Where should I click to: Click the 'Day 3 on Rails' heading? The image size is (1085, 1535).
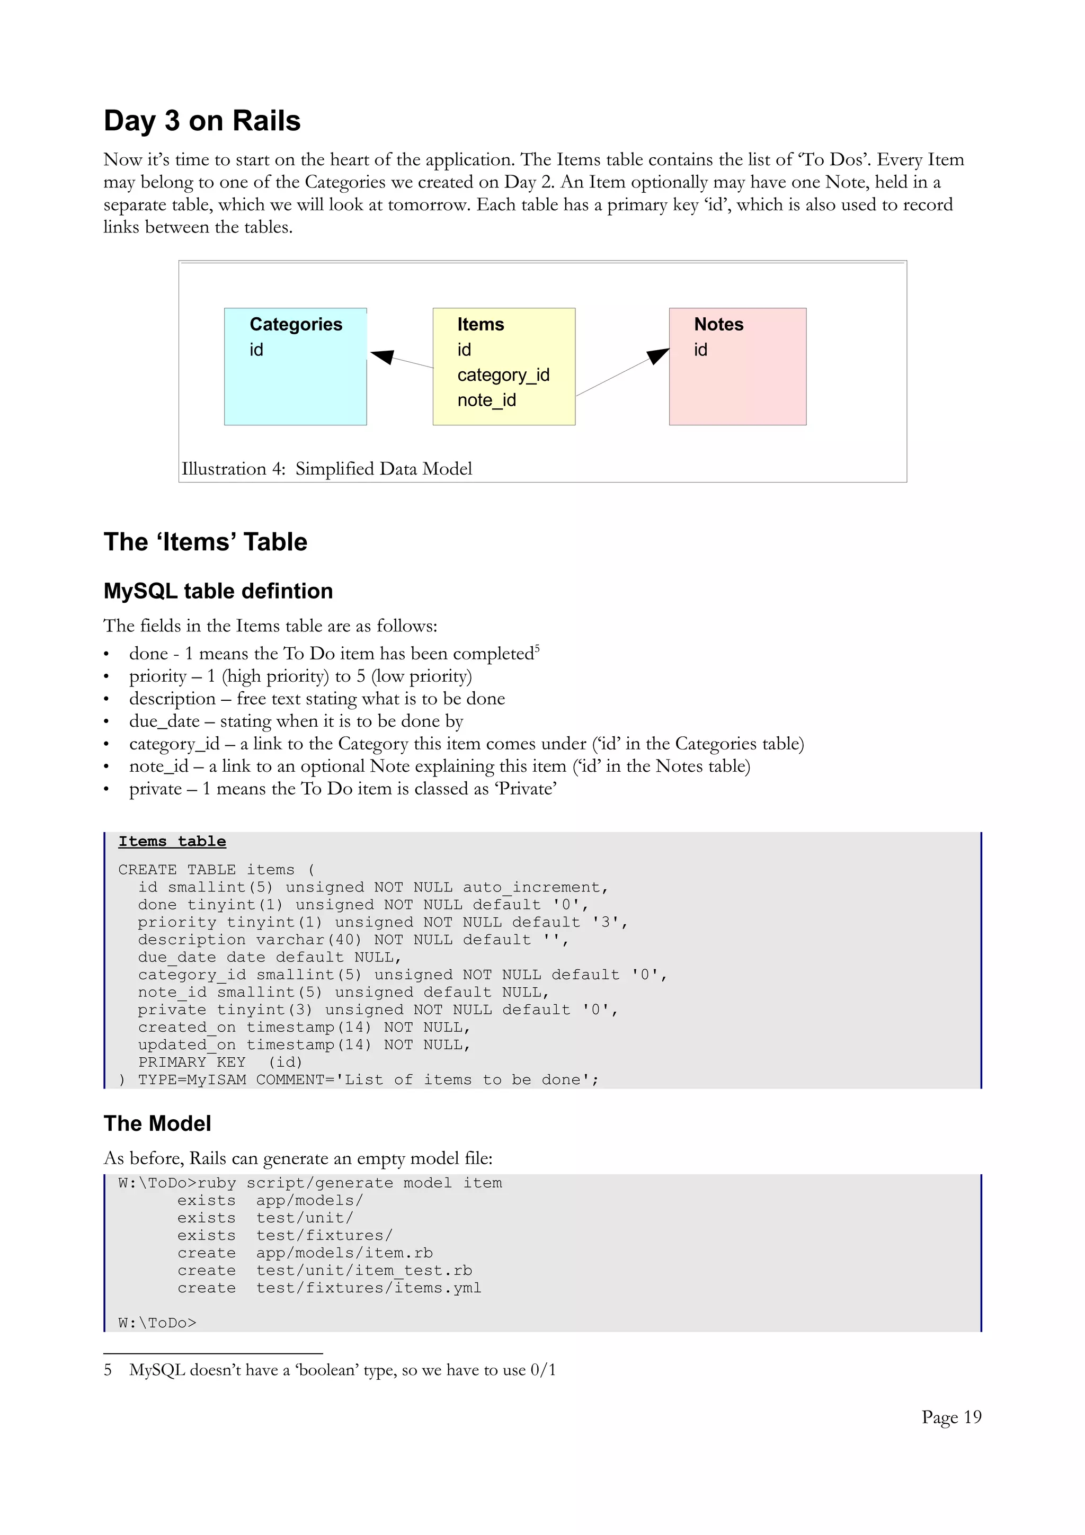pos(202,121)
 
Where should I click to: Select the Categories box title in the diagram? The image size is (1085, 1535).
pos(296,324)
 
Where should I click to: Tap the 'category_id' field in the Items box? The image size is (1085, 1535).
pos(503,375)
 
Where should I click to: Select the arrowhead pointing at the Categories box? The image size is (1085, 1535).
pos(383,356)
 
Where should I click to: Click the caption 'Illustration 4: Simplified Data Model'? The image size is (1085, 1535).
pos(326,469)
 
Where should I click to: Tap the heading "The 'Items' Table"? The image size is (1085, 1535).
pos(205,541)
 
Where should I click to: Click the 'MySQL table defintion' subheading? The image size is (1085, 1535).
pos(218,591)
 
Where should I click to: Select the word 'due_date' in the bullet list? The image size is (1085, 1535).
pos(164,721)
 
